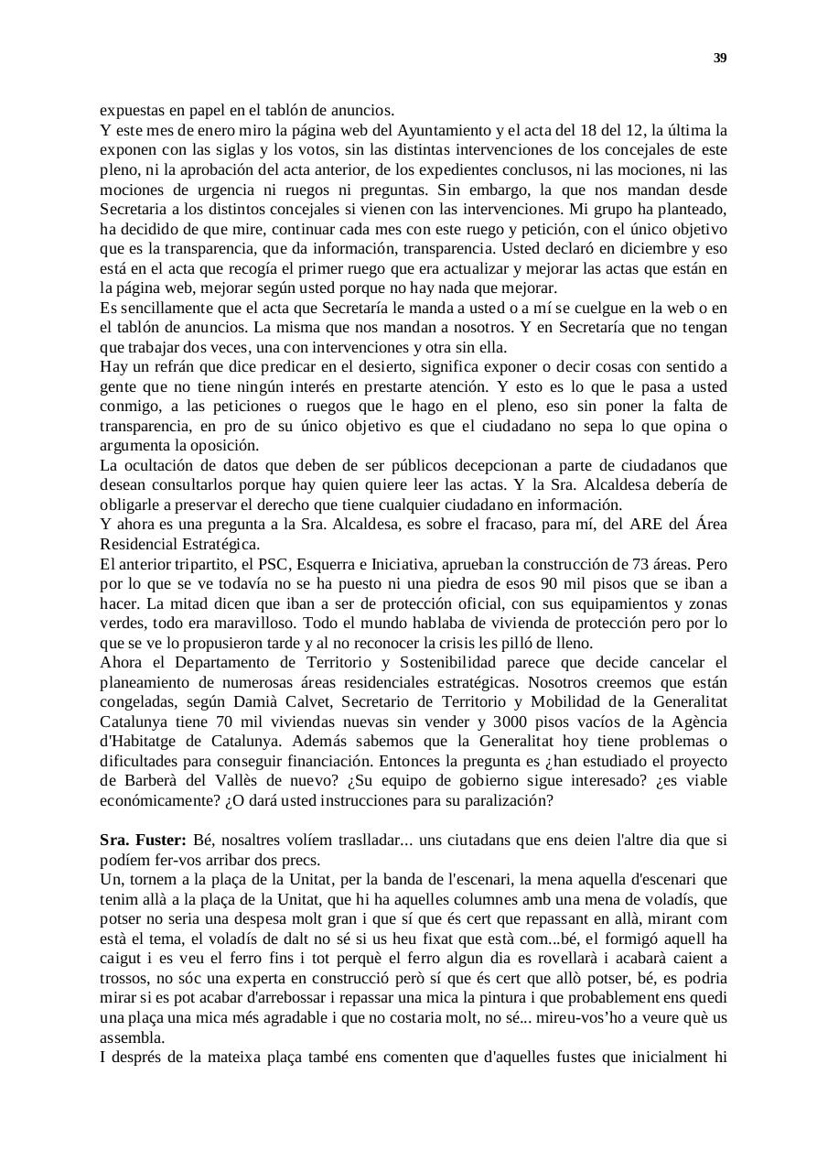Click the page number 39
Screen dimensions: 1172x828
pyautogui.click(x=720, y=59)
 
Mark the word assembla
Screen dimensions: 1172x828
pyautogui.click(x=132, y=1038)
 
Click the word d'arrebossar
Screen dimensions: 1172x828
pyautogui.click(x=325, y=998)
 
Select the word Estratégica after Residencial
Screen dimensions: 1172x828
pyautogui.click(x=218, y=544)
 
